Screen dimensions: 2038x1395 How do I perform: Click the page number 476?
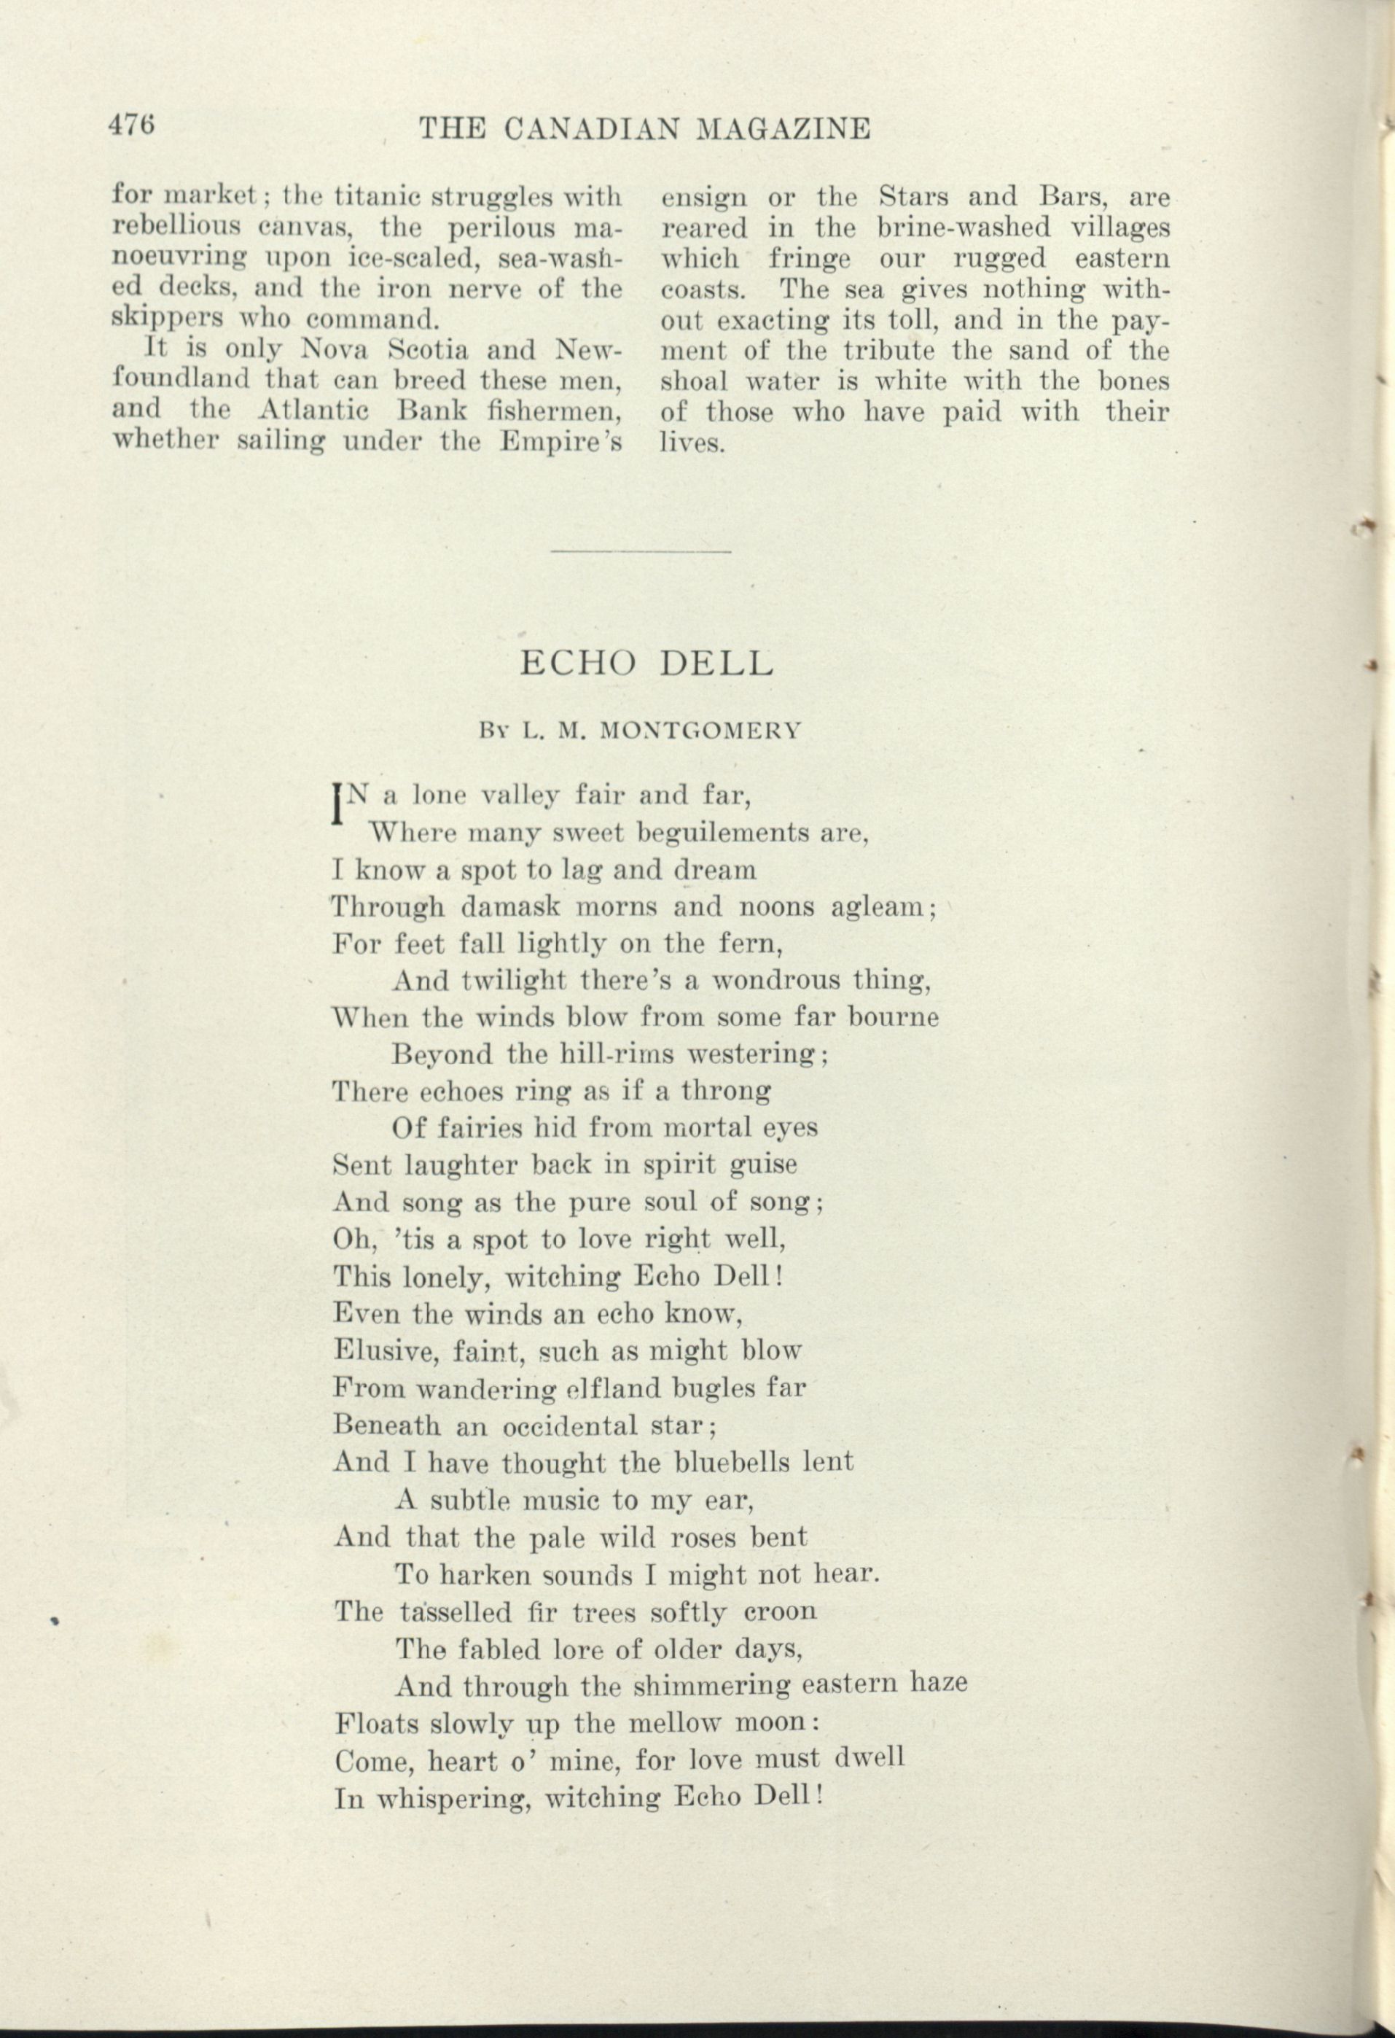pos(131,125)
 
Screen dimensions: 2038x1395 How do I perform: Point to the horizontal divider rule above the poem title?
pos(640,551)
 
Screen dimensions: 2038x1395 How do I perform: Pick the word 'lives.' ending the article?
pos(692,443)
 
